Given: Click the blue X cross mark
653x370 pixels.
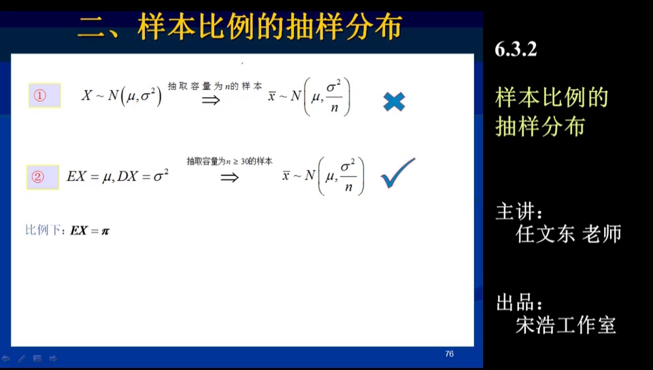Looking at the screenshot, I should click(x=394, y=101).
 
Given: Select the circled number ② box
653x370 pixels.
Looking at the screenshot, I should click(x=43, y=177).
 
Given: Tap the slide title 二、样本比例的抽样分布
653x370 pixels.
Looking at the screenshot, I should click(x=239, y=28).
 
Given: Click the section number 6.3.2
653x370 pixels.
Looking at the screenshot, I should click(x=516, y=49).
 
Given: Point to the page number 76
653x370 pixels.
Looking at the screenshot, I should click(x=449, y=354).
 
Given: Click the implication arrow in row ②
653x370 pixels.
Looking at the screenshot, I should click(x=229, y=178).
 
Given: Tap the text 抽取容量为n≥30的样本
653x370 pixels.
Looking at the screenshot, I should click(x=229, y=161).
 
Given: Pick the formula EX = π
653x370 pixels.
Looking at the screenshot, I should click(x=90, y=231).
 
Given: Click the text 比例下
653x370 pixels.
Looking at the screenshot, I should click(x=44, y=231).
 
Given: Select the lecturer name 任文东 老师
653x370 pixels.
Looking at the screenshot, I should click(x=568, y=234).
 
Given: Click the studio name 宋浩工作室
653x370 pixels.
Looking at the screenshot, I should click(x=566, y=325).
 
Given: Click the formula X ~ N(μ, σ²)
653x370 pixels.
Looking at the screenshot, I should click(x=122, y=97).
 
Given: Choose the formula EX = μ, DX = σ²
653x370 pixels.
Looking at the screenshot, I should click(x=117, y=177).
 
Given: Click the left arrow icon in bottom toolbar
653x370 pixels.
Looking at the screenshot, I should click(x=6, y=358).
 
